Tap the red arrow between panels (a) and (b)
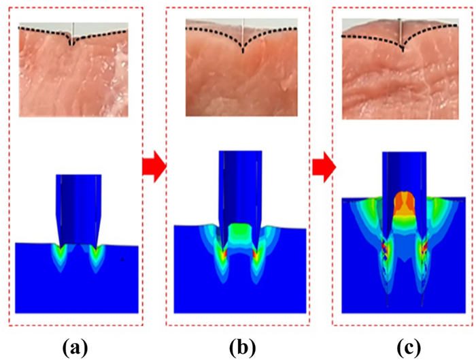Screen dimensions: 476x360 coord(154,167)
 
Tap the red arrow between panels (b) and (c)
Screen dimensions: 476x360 coord(324,167)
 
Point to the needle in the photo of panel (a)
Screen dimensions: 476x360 coord(73,33)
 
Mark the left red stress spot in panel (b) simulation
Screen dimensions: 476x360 coord(224,254)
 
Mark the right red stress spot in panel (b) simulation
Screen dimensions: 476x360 coord(255,254)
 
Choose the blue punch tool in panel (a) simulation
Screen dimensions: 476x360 coord(78,210)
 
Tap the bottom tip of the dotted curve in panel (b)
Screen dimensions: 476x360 coord(243,52)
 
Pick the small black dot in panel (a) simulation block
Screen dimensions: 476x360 coord(122,259)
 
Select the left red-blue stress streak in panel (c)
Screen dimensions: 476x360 coord(386,252)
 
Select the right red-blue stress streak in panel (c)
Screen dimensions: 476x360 coord(423,252)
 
